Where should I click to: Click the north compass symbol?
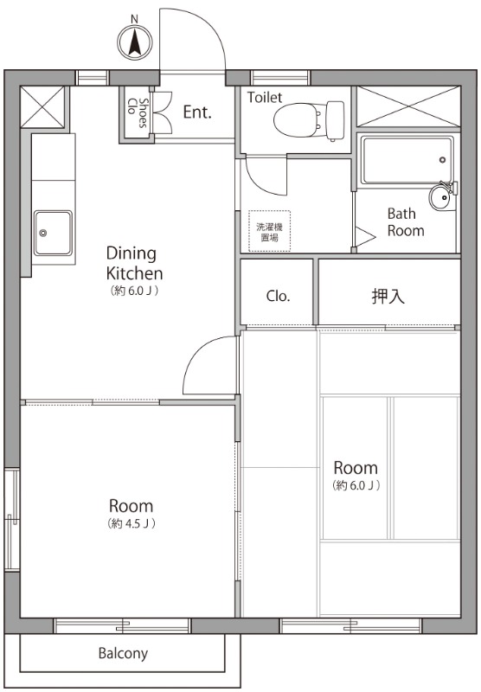pyautogui.click(x=135, y=41)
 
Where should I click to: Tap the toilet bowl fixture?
pyautogui.click(x=309, y=121)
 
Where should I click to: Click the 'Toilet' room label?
pyautogui.click(x=265, y=97)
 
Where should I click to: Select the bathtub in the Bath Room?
pyautogui.click(x=407, y=160)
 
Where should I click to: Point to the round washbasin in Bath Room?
pyautogui.click(x=440, y=198)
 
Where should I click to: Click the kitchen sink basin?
pyautogui.click(x=54, y=233)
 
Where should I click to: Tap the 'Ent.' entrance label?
pyautogui.click(x=197, y=112)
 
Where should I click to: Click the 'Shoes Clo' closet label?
pyautogui.click(x=137, y=112)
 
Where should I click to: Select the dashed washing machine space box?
pyautogui.click(x=269, y=231)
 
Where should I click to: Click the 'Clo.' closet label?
pyautogui.click(x=278, y=296)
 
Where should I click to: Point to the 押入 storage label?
pyautogui.click(x=388, y=296)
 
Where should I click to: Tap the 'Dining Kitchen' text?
pyautogui.click(x=135, y=263)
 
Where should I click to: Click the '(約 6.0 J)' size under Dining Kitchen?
pyautogui.click(x=134, y=291)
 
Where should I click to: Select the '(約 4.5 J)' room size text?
pyautogui.click(x=131, y=523)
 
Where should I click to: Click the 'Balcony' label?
pyautogui.click(x=123, y=653)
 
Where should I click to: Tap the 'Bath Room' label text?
pyautogui.click(x=406, y=222)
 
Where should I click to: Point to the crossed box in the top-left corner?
pyautogui.click(x=42, y=106)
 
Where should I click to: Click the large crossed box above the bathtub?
pyautogui.click(x=408, y=106)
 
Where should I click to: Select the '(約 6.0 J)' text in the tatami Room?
pyautogui.click(x=356, y=485)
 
